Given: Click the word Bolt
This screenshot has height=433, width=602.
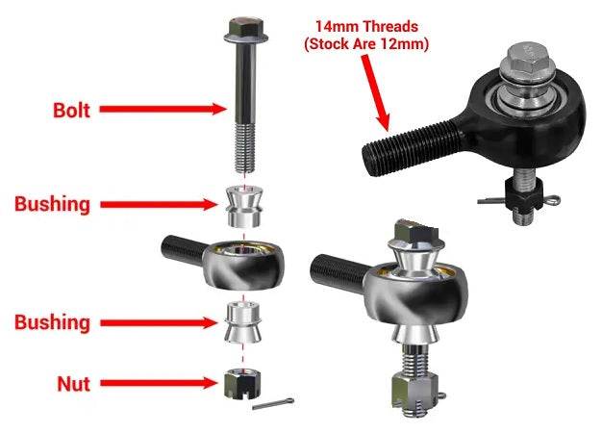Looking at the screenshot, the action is coord(71,111).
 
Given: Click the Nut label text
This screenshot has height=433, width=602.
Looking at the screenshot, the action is coord(74,384).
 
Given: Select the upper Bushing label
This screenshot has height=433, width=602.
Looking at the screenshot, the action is coord(53,204).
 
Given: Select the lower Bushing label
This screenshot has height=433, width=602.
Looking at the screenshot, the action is coord(53,322).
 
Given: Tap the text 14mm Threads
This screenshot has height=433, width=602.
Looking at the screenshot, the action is coord(366,27).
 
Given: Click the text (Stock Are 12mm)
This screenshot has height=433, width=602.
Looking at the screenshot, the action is coord(366,44).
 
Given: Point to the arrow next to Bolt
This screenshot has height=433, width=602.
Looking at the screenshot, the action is coord(163,109).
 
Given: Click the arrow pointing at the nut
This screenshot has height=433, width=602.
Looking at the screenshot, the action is coord(159,383).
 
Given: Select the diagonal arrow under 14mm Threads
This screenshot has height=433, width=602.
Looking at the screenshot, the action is coord(376,92).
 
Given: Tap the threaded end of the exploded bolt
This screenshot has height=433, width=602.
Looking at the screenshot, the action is coord(245,147).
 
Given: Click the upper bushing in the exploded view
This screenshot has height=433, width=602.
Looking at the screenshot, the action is coord(244,207).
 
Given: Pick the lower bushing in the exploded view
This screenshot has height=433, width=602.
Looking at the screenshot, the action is coord(243,322).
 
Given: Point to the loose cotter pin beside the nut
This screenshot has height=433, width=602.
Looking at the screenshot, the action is coord(273,403).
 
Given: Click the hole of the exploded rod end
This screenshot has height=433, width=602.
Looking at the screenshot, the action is coord(242,250).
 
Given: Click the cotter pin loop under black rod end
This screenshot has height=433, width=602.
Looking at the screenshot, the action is coord(552,200).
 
